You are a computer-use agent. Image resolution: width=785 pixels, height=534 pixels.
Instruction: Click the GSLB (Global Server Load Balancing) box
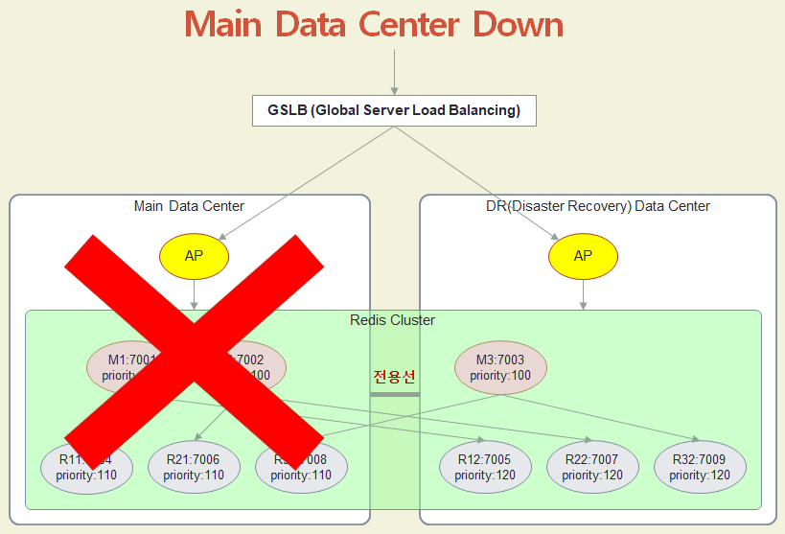click(394, 110)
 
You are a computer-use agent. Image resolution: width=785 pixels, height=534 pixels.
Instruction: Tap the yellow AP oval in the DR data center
click(583, 256)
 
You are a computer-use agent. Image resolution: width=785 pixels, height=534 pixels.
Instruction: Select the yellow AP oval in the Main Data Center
click(195, 256)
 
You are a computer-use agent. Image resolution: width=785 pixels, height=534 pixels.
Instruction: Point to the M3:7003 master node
click(499, 368)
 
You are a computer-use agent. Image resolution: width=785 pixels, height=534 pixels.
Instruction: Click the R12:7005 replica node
click(485, 467)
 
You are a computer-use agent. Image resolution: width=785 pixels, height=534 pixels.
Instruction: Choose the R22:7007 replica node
click(592, 467)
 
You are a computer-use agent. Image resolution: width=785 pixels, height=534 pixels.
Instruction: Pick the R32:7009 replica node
click(700, 467)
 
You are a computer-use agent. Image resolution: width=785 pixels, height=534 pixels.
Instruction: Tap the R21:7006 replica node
click(194, 467)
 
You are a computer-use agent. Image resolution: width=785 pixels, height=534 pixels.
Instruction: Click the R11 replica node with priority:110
click(86, 467)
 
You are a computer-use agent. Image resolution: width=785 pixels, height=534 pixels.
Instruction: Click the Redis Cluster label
click(392, 320)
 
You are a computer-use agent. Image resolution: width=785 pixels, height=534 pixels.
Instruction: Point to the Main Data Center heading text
click(189, 206)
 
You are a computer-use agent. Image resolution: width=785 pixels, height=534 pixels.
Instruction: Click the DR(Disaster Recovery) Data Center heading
click(597, 206)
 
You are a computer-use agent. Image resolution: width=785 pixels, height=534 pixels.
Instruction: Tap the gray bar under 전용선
click(395, 394)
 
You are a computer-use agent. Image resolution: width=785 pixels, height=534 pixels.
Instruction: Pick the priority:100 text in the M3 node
click(499, 376)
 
